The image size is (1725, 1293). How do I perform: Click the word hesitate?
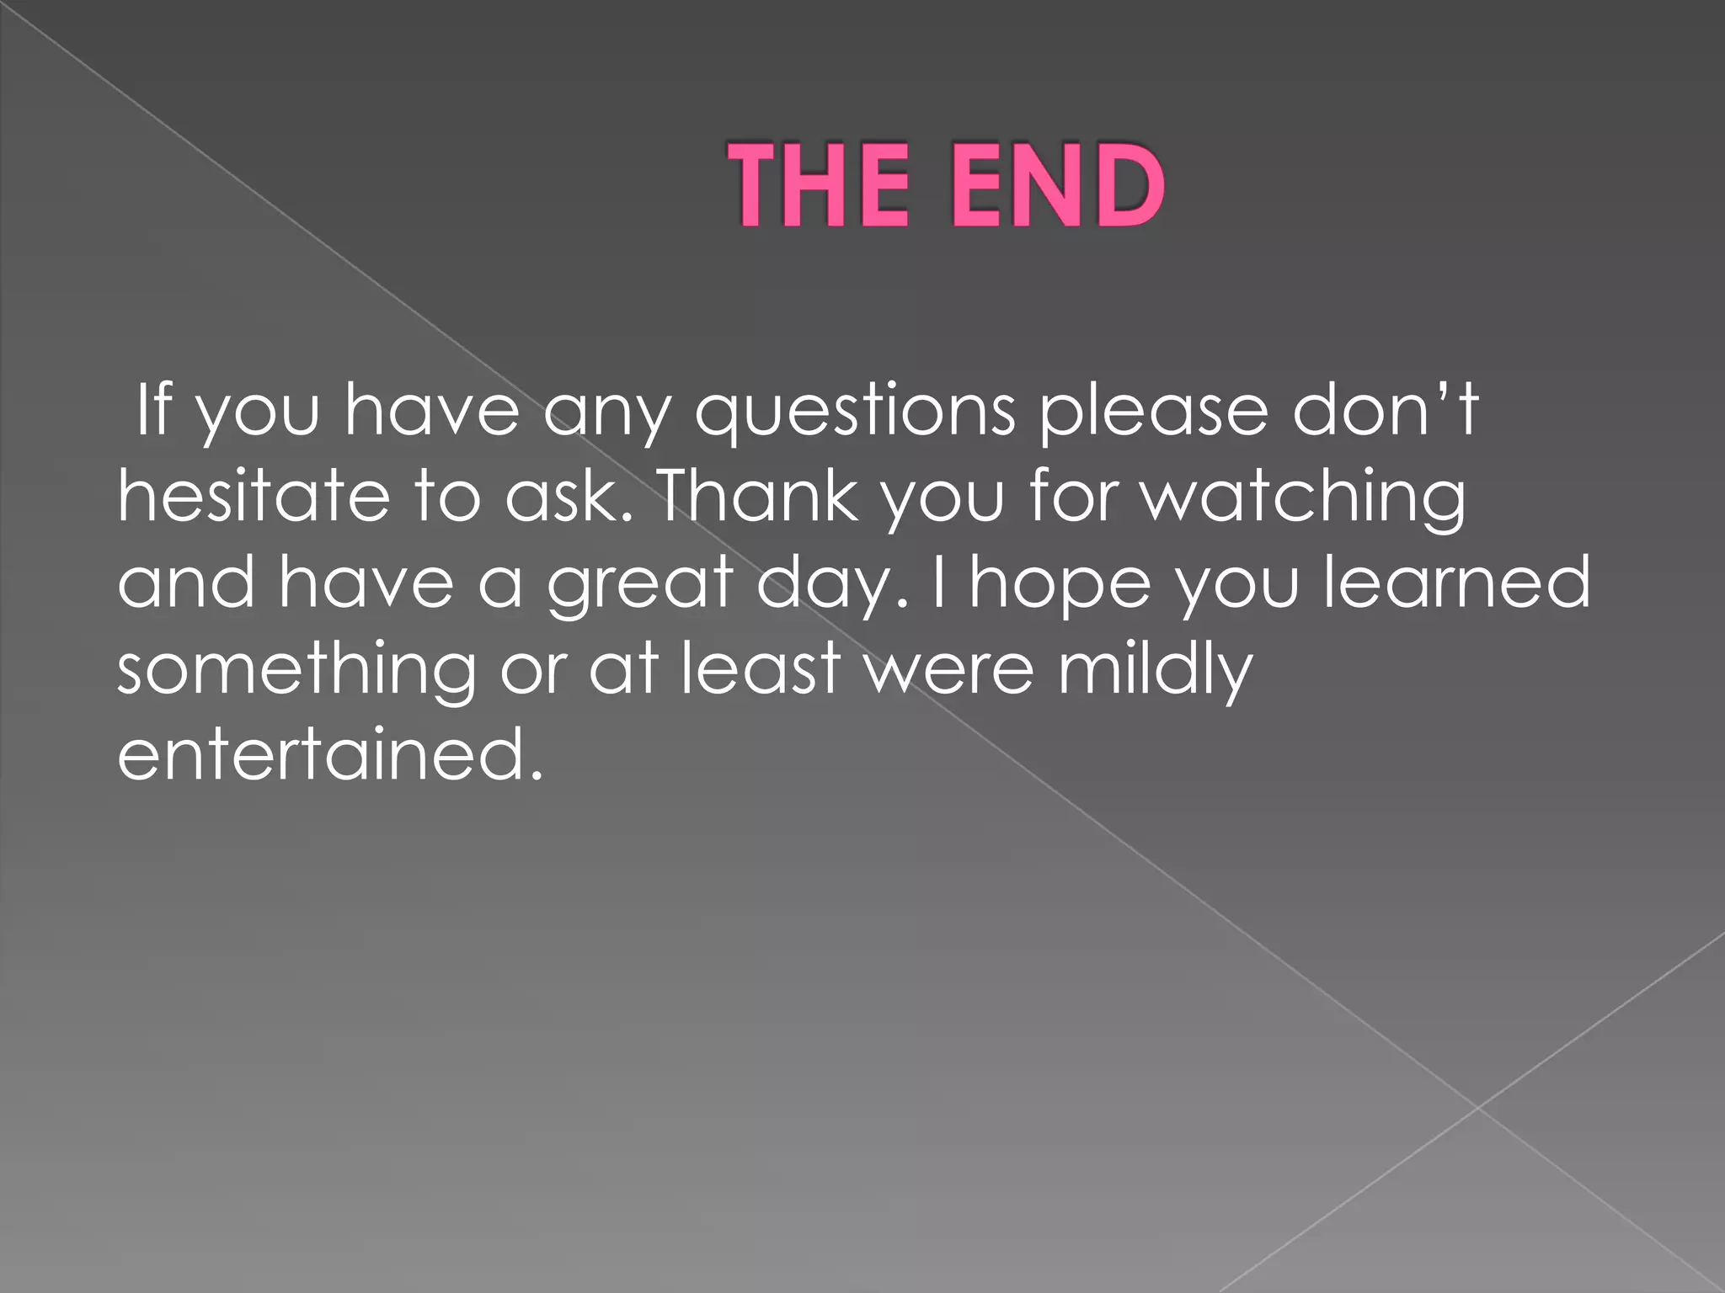pos(254,496)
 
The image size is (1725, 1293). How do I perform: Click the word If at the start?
pos(154,409)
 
